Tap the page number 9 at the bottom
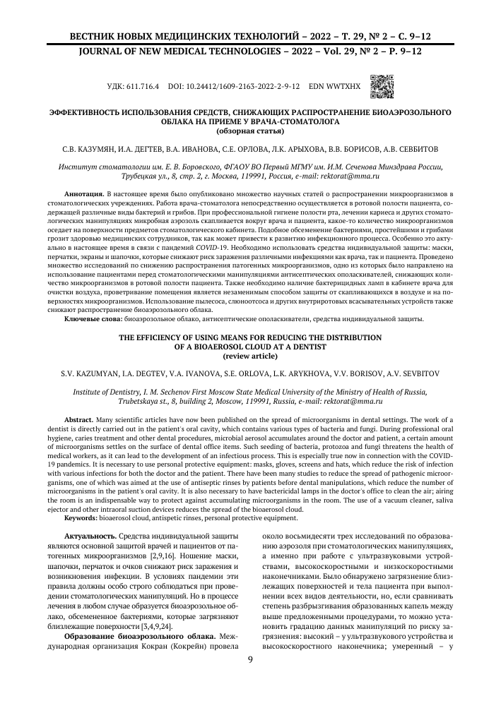pos(250,660)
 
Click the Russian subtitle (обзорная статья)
pos(250,131)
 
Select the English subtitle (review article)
pos(250,354)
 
